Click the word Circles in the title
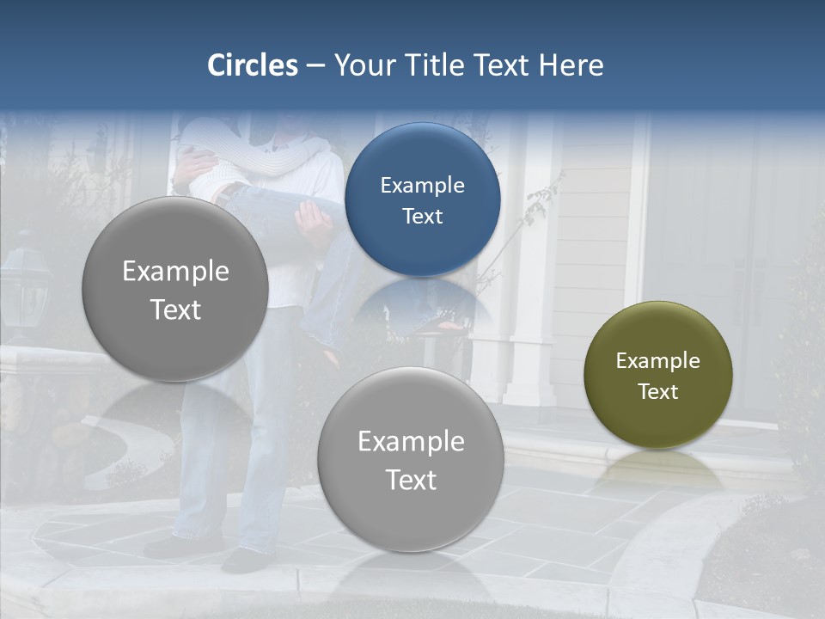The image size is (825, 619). [x=253, y=65]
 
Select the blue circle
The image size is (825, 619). [x=422, y=199]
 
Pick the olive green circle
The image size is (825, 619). [x=658, y=375]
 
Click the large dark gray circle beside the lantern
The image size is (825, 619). [x=175, y=289]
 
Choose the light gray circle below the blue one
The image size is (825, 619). [x=411, y=459]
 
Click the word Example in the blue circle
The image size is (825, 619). [x=422, y=185]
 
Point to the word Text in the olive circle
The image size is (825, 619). [x=658, y=392]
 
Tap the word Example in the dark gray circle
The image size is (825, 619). [x=175, y=272]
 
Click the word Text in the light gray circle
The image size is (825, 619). [x=411, y=480]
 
